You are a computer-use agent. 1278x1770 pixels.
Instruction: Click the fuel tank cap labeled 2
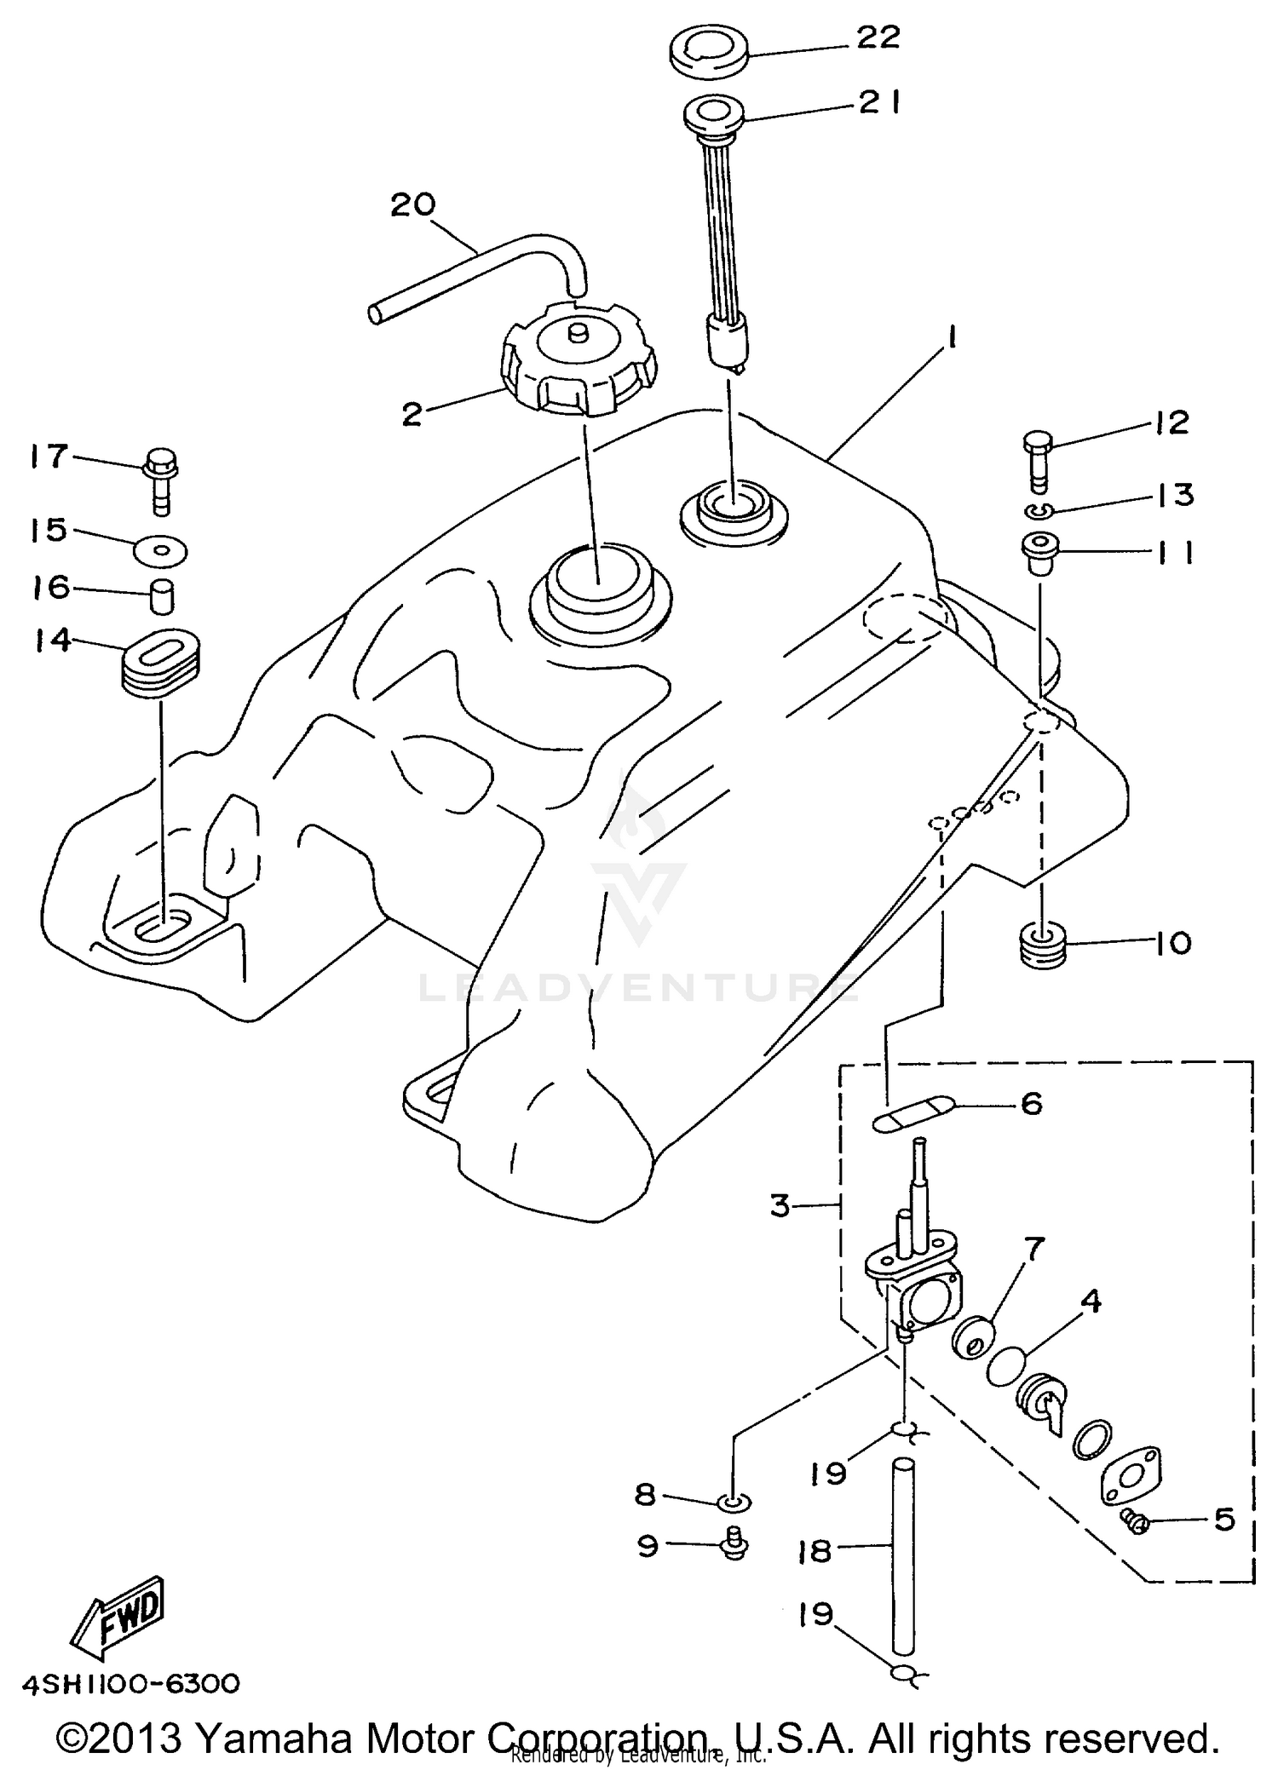tap(579, 365)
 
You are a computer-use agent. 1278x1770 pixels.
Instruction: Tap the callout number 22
tap(878, 38)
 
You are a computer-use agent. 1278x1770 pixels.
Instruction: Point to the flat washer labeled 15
tap(161, 551)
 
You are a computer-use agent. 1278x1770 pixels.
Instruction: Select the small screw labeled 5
tap(1135, 1519)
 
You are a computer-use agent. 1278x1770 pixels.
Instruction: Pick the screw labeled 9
tap(734, 1545)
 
